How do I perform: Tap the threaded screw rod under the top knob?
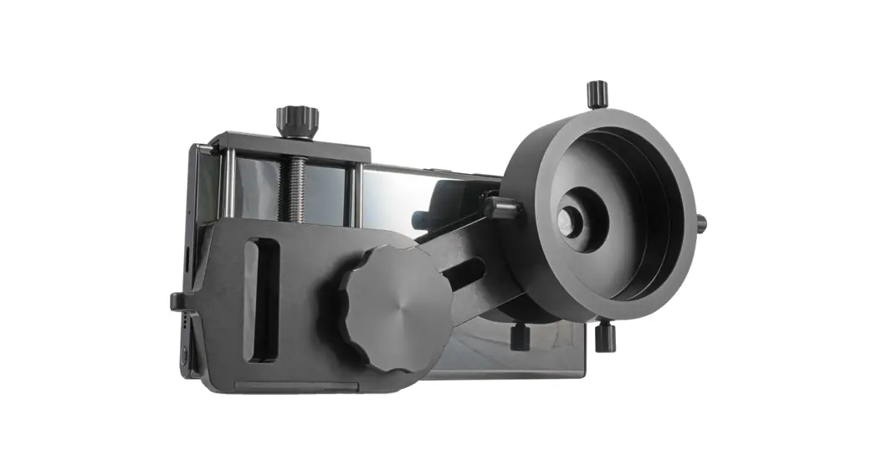295,189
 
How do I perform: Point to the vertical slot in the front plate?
264,299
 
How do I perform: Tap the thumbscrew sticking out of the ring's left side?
500,207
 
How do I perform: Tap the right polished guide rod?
358,194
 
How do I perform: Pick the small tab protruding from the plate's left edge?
176,300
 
